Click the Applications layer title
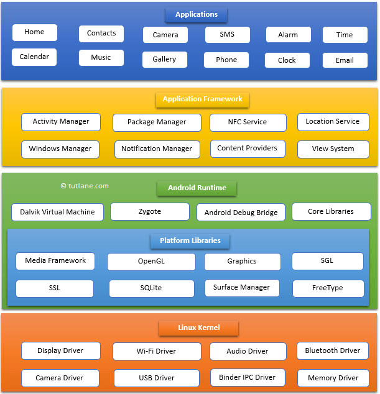pyautogui.click(x=196, y=14)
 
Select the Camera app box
pyautogui.click(x=165, y=35)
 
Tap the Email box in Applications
pyautogui.click(x=345, y=60)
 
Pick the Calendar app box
pyautogui.click(x=34, y=57)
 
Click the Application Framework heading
pyautogui.click(x=202, y=99)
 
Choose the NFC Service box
pyautogui.click(x=248, y=122)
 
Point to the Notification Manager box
pyautogui.click(x=157, y=149)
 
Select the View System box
pyautogui.click(x=333, y=149)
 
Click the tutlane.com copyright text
pyautogui.click(x=85, y=186)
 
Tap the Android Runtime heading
pyautogui.click(x=197, y=188)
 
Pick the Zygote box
pyautogui.click(x=149, y=212)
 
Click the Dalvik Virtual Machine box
pyautogui.click(x=57, y=212)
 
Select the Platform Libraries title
pyautogui.click(x=190, y=241)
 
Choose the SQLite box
pyautogui.click(x=151, y=289)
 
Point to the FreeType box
pyautogui.click(x=328, y=289)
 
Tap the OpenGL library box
pyautogui.click(x=151, y=262)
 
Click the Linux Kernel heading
pyautogui.click(x=198, y=328)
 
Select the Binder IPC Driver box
pyautogui.click(x=247, y=377)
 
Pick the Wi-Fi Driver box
pyautogui.click(x=157, y=352)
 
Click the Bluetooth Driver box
pyautogui.click(x=332, y=351)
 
